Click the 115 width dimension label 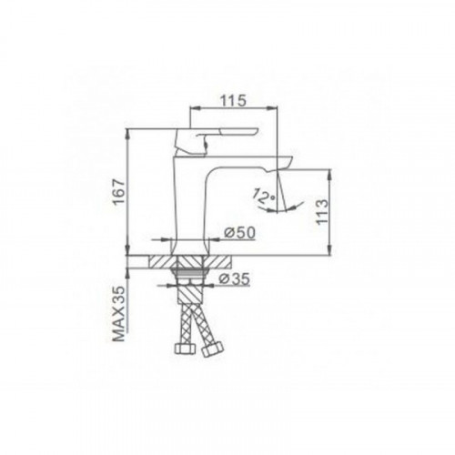click(233, 101)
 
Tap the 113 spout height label click(322, 211)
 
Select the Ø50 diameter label click(239, 233)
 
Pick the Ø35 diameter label click(235, 278)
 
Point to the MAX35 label click(118, 314)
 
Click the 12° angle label click(264, 196)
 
